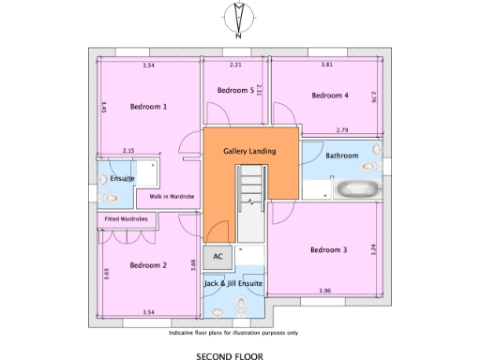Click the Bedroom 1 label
click(x=148, y=107)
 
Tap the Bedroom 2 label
click(x=148, y=265)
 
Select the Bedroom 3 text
click(x=329, y=249)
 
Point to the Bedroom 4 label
click(x=330, y=95)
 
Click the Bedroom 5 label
click(x=235, y=90)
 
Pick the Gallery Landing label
click(x=249, y=151)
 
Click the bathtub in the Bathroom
click(x=356, y=187)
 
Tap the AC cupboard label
click(x=217, y=256)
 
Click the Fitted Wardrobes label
click(x=127, y=218)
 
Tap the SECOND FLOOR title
click(x=230, y=355)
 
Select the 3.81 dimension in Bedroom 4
click(x=327, y=65)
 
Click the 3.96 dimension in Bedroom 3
click(x=324, y=291)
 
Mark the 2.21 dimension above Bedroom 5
click(x=235, y=65)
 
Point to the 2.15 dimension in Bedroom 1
click(x=128, y=150)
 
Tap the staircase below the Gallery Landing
click(x=250, y=202)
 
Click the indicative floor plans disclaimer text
click(x=233, y=333)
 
